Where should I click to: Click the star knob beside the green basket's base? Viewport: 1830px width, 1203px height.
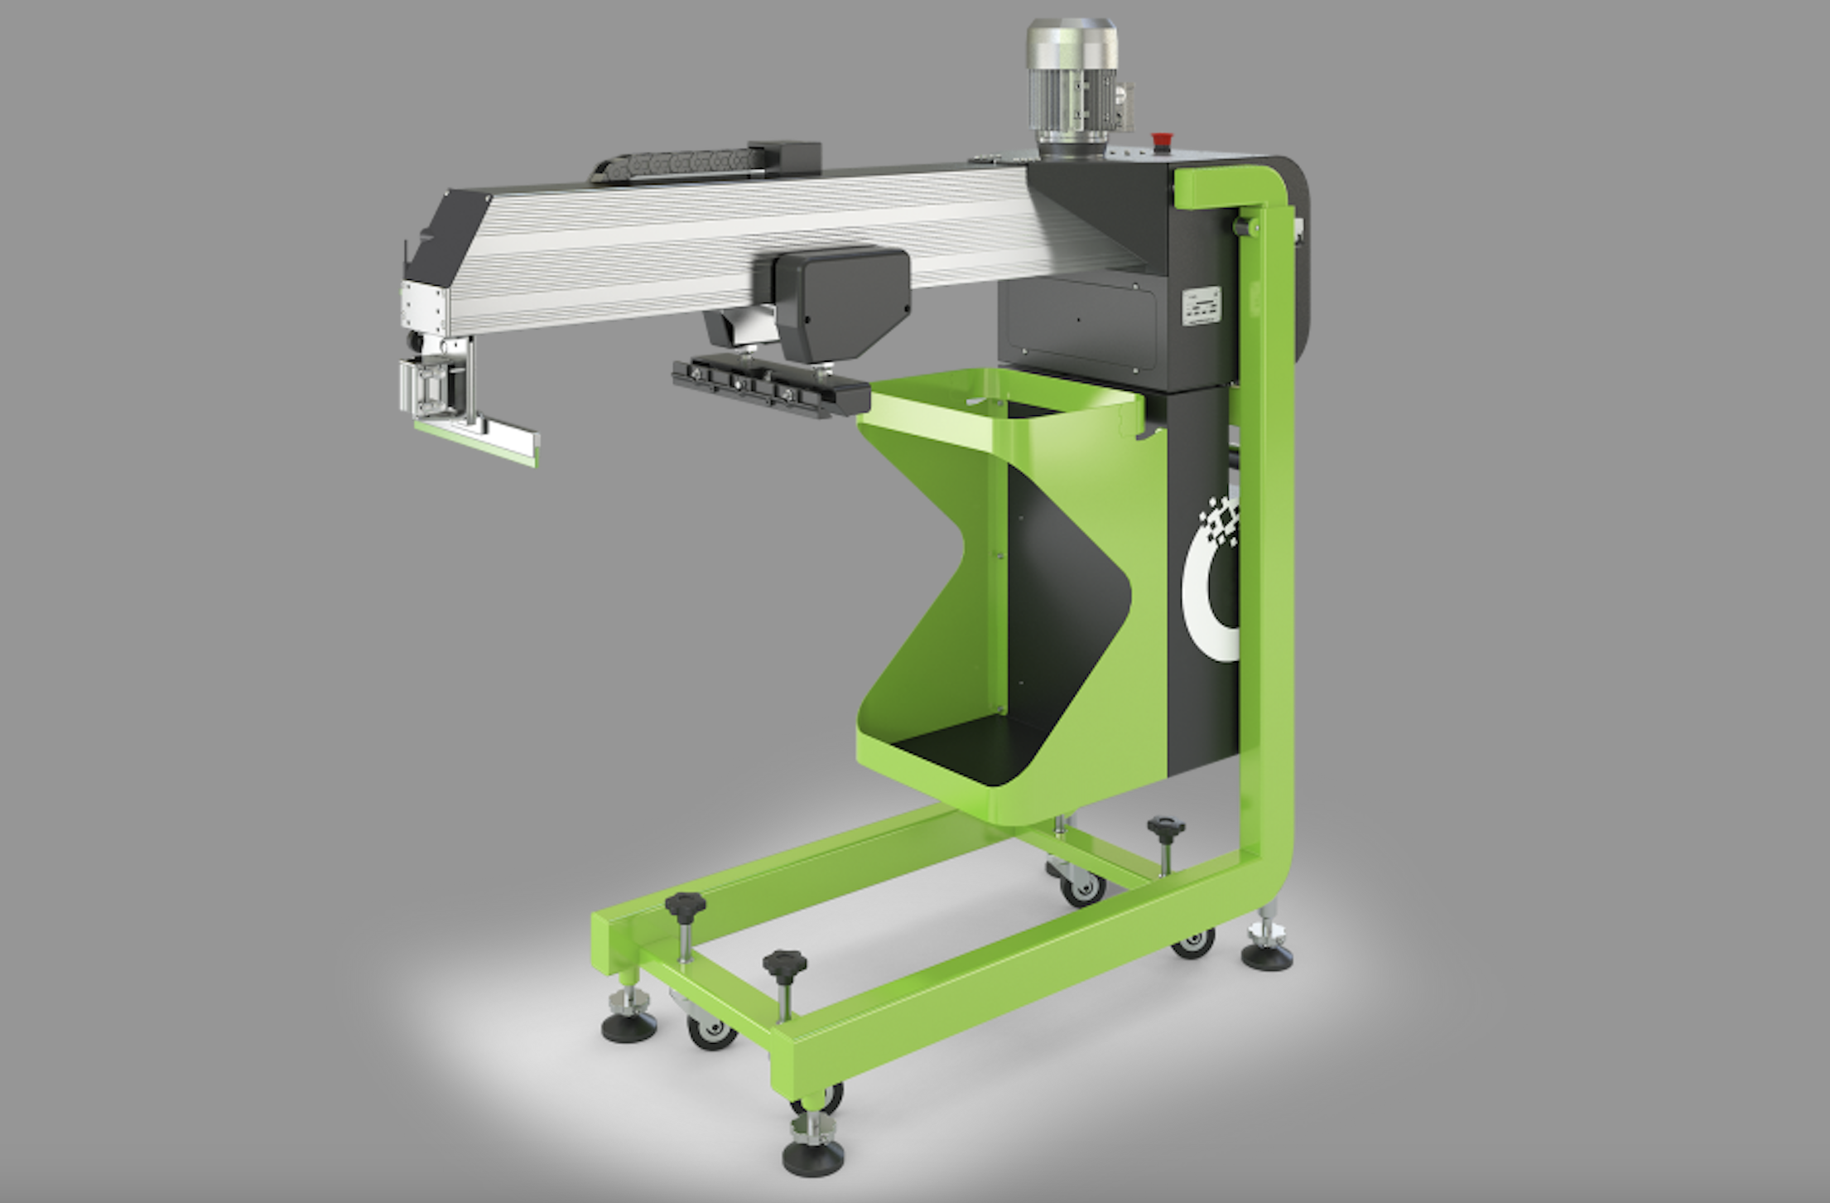[1166, 829]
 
